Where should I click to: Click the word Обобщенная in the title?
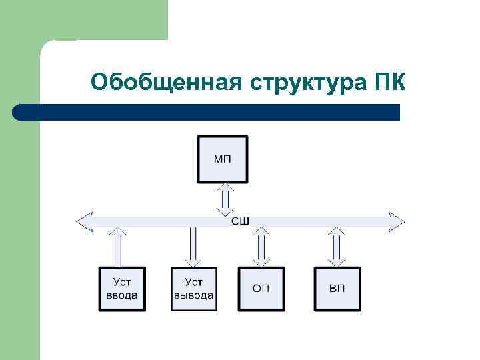tap(167, 83)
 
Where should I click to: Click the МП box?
tap(223, 159)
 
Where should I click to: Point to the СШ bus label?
tap(240, 221)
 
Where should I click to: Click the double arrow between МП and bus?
tap(225, 198)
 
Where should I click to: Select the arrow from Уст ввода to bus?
tap(119, 247)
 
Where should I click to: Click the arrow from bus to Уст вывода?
tap(193, 247)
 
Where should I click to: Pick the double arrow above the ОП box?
tap(262, 247)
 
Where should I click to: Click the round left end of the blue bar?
tap(18, 112)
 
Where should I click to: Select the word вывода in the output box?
tap(193, 295)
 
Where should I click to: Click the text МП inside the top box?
tap(223, 159)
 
